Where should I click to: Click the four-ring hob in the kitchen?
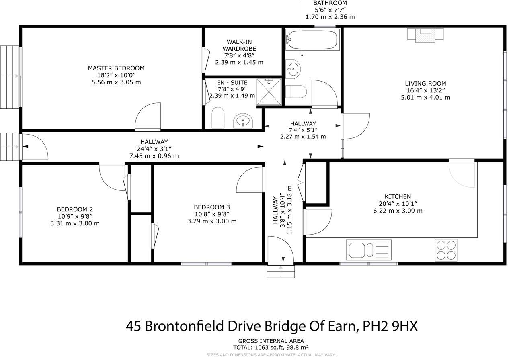click(x=446, y=250)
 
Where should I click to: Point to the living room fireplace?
click(x=425, y=35)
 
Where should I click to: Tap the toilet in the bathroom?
click(x=296, y=92)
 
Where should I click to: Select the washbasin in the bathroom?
click(x=293, y=69)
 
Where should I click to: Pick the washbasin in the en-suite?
click(x=243, y=121)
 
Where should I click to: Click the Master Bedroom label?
click(x=116, y=68)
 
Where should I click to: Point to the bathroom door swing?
click(x=324, y=93)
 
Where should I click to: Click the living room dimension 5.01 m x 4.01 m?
click(x=425, y=97)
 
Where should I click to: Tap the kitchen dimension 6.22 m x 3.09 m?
click(x=398, y=211)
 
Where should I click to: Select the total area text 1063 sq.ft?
click(x=267, y=347)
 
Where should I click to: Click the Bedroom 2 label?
click(x=75, y=209)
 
